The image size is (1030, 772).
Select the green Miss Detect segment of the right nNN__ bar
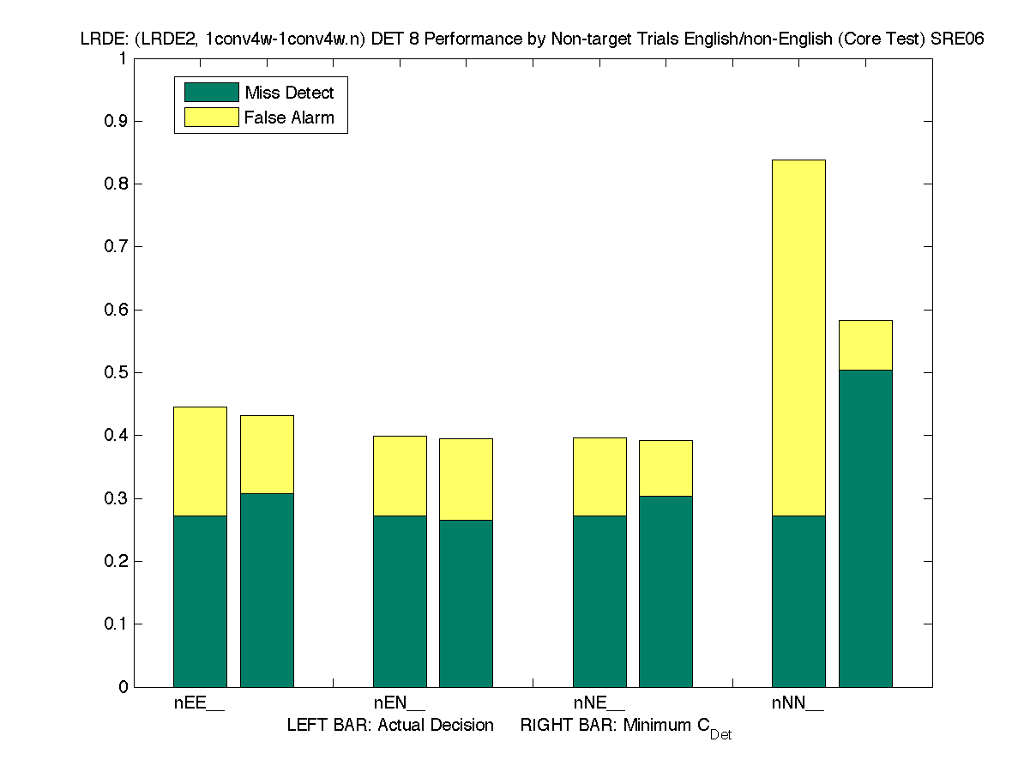(x=865, y=528)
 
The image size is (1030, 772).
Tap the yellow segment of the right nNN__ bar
(x=865, y=346)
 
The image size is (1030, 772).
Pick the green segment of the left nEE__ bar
(x=200, y=600)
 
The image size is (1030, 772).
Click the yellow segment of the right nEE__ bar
(x=267, y=455)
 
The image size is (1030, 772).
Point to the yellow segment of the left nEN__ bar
(x=400, y=476)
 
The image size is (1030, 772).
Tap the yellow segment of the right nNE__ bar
(x=666, y=468)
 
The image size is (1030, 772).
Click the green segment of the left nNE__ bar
(x=599, y=600)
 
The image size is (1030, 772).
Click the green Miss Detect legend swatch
(x=211, y=93)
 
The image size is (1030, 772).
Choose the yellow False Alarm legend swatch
(x=211, y=118)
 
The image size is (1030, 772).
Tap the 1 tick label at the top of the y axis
(x=123, y=58)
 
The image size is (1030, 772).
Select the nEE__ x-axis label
(x=199, y=703)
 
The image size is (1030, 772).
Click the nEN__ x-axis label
(x=399, y=703)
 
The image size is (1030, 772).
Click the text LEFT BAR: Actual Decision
(x=390, y=726)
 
